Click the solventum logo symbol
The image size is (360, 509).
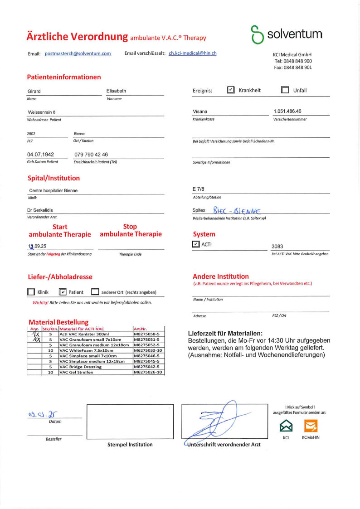pos(257,35)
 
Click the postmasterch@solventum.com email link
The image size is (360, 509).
pos(78,53)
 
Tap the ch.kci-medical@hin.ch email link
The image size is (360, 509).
pos(192,53)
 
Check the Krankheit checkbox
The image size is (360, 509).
pos(231,90)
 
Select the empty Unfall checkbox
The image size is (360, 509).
pos(285,90)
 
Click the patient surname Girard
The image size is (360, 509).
pos(34,91)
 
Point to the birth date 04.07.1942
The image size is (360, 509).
pos(40,155)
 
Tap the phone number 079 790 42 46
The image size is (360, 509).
pos(91,155)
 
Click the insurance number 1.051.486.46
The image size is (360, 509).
pos(287,111)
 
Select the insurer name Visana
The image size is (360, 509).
pos(200,111)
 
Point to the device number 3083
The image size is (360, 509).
pos(277,247)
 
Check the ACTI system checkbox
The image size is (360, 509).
pos(196,244)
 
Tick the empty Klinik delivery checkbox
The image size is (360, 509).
pos(31,292)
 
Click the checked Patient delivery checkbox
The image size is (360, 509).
pos(63,292)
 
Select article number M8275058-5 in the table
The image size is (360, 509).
pos(148,334)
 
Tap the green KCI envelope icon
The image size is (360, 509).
pos(286,426)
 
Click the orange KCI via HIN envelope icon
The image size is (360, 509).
pos(311,426)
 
